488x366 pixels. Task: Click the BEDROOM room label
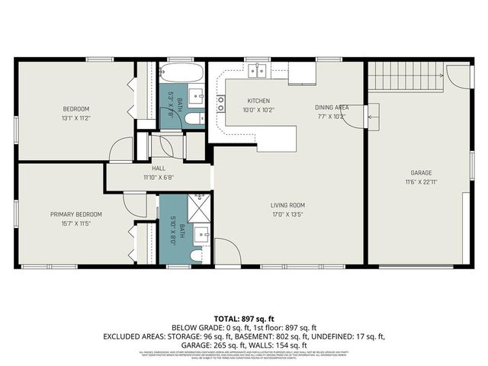pos(76,108)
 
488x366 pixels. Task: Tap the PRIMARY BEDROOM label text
pos(76,214)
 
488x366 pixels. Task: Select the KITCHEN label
pos(258,101)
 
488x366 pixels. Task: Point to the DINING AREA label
pos(332,108)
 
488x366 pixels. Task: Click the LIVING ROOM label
pos(287,204)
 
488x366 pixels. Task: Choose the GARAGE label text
pos(421,173)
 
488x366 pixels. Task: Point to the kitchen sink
pos(257,71)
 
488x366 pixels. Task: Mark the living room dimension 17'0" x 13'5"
pos(287,214)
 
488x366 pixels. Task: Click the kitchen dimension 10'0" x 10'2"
pos(258,110)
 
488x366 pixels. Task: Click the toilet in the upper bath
pos(195,118)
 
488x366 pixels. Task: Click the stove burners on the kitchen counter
pos(221,103)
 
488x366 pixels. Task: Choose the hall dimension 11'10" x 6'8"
pos(159,178)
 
